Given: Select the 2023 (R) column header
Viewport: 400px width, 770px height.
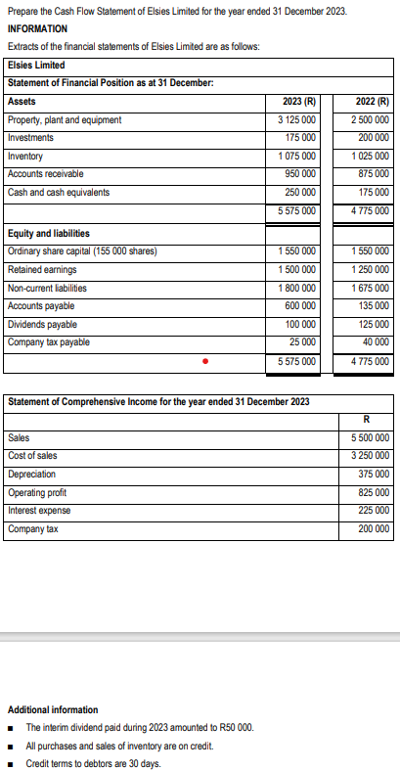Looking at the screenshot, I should [297, 102].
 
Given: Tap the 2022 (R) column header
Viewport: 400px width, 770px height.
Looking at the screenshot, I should [370, 102].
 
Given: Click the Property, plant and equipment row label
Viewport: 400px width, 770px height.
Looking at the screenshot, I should [65, 120].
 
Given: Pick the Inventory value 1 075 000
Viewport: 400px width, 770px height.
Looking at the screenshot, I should [296, 157].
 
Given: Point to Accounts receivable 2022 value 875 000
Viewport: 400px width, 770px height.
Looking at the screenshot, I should [373, 174].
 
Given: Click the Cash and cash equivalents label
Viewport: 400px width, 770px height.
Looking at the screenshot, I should [59, 192].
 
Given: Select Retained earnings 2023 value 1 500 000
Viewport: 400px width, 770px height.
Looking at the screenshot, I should [296, 270].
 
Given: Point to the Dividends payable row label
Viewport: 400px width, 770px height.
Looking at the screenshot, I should [42, 324].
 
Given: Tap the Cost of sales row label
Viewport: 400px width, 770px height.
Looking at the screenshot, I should [32, 457].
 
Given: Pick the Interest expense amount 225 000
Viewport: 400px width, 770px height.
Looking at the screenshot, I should [373, 511].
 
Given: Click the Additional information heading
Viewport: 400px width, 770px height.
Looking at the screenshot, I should [53, 709].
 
